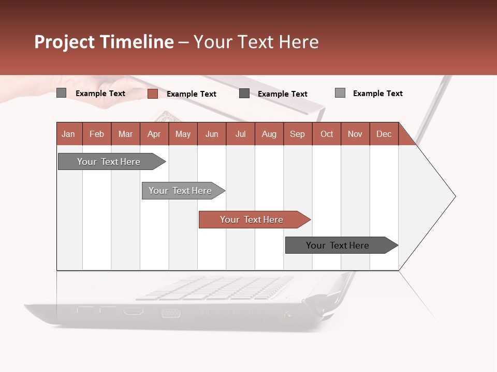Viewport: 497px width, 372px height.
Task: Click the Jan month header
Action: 68,134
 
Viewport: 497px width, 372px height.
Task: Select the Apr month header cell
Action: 154,134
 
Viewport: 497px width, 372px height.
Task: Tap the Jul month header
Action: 240,134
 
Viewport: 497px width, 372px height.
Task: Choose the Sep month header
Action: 297,134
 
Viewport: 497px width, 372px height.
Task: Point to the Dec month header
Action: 384,134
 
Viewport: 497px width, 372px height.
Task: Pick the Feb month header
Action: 97,134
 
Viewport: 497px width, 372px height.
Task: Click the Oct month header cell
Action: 327,134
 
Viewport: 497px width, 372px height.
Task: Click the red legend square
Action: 152,94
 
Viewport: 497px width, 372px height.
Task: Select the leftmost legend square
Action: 61,93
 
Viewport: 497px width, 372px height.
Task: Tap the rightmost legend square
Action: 340,93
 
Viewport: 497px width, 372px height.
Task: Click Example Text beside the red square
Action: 191,94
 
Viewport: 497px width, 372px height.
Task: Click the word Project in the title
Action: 65,42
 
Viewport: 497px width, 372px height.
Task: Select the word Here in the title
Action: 299,42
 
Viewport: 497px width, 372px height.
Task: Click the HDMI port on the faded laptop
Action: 133,311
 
